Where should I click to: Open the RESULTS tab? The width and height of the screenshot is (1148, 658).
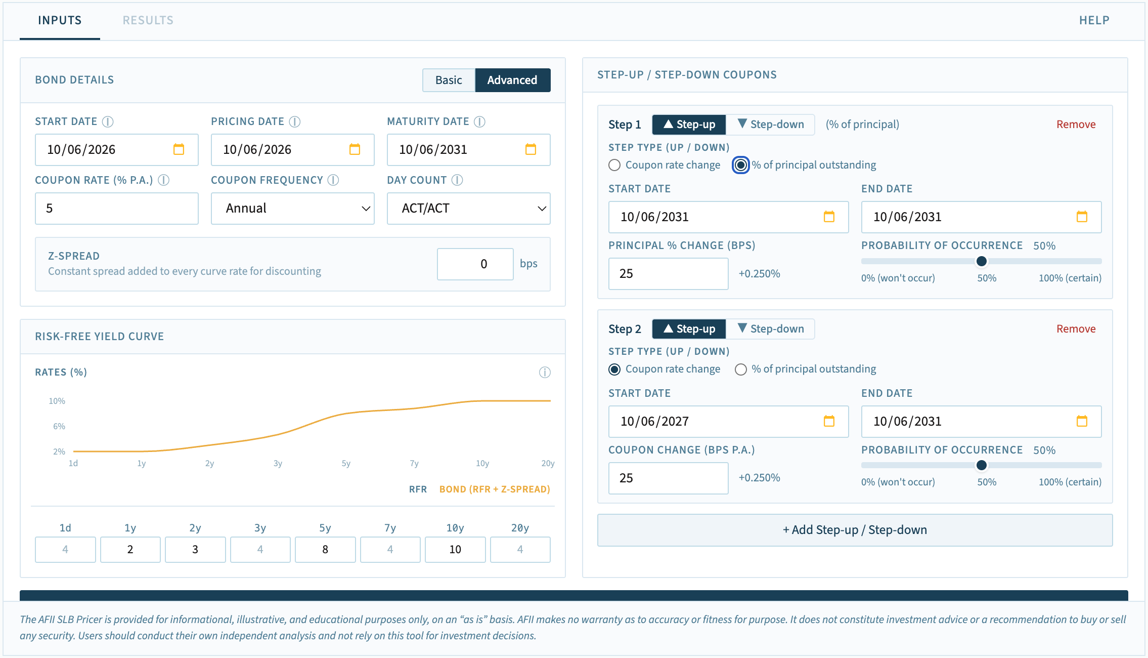pyautogui.click(x=148, y=20)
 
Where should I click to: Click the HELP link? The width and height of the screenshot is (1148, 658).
pyautogui.click(x=1094, y=20)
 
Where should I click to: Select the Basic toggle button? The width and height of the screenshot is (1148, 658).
pyautogui.click(x=449, y=80)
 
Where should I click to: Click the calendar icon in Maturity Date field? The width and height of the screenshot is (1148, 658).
pyautogui.click(x=531, y=149)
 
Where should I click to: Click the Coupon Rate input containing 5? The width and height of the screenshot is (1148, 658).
pyautogui.click(x=117, y=208)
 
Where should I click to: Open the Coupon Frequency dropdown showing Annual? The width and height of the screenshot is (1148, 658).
pyautogui.click(x=293, y=208)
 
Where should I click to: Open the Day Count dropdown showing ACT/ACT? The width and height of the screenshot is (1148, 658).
pyautogui.click(x=469, y=208)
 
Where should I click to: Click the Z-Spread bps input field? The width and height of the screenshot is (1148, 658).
pyautogui.click(x=475, y=264)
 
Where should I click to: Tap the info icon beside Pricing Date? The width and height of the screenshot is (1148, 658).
pyautogui.click(x=294, y=121)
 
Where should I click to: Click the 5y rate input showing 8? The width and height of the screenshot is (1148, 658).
pyautogui.click(x=325, y=549)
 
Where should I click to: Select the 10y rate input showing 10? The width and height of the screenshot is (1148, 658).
pyautogui.click(x=455, y=549)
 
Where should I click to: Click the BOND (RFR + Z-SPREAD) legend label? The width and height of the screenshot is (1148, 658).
pyautogui.click(x=495, y=489)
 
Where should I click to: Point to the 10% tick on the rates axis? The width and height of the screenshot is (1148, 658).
pyautogui.click(x=57, y=401)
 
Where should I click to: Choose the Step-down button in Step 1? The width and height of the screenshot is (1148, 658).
pyautogui.click(x=771, y=125)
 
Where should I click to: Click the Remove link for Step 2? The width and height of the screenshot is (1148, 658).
pyautogui.click(x=1076, y=329)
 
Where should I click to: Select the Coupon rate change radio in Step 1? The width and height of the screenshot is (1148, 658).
pyautogui.click(x=614, y=165)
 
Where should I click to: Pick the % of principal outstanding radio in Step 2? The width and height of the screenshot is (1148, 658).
pyautogui.click(x=741, y=369)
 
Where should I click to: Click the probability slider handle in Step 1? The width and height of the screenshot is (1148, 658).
pyautogui.click(x=981, y=261)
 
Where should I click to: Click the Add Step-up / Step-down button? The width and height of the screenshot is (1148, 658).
pyautogui.click(x=855, y=530)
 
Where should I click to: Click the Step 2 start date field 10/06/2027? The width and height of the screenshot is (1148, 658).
pyautogui.click(x=728, y=421)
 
